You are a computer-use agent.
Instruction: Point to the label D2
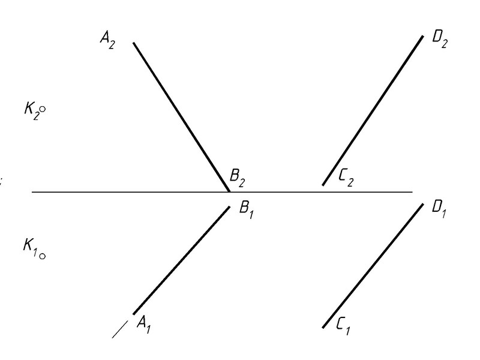[x=439, y=41]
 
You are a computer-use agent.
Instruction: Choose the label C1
[x=343, y=328]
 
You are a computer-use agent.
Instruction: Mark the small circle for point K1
[x=43, y=256]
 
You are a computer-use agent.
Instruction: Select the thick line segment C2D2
[x=372, y=110]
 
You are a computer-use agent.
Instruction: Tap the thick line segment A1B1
[x=181, y=259]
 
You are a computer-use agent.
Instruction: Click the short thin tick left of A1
[x=121, y=329]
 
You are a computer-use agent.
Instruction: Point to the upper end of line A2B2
[x=133, y=43]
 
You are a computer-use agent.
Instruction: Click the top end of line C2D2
[x=423, y=36]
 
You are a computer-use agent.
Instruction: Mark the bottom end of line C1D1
[x=323, y=327]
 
